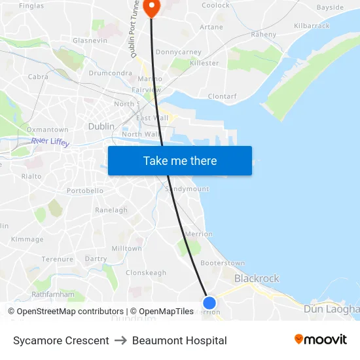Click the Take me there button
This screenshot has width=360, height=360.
click(x=180, y=161)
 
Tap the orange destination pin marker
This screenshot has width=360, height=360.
click(x=151, y=7)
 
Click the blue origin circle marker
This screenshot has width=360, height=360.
click(x=209, y=302)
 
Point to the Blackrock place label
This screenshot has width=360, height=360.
click(x=257, y=278)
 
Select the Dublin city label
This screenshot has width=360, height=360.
click(x=101, y=126)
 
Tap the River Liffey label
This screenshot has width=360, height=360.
click(x=50, y=141)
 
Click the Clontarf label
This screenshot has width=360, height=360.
click(x=222, y=96)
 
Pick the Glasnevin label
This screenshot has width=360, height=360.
click(x=90, y=40)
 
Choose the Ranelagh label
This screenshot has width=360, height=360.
click(x=111, y=210)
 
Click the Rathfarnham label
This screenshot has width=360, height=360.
click(x=53, y=295)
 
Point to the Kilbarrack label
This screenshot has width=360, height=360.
click(x=312, y=25)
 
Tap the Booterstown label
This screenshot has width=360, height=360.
click(x=222, y=263)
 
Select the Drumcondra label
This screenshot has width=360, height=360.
click(x=110, y=73)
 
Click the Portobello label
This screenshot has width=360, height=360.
click(x=84, y=190)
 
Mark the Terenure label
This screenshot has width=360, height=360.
click(x=58, y=259)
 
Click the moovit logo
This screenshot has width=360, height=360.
click(x=320, y=340)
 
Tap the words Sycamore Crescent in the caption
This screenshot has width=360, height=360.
click(x=61, y=340)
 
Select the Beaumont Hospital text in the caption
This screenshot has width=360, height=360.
click(x=179, y=340)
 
